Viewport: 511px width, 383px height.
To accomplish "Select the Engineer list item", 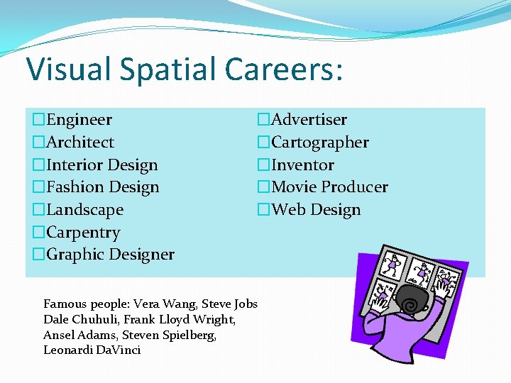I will (79, 120).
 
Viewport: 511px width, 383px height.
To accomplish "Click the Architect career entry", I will (79, 143).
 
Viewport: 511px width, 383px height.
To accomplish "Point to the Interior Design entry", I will (101, 165).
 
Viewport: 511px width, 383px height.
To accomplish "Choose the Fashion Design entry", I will (102, 187).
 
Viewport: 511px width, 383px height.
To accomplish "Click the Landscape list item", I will (84, 210).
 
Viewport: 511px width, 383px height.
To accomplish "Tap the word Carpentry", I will (83, 233).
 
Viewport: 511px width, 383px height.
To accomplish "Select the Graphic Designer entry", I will (110, 255).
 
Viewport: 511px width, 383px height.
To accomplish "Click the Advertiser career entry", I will (309, 120).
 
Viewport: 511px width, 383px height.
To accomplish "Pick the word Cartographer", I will (320, 143).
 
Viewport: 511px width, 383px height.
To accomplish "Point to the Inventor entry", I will (302, 165).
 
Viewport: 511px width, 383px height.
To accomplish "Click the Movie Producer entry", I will (329, 187).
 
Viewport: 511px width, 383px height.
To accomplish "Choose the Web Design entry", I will (316, 210).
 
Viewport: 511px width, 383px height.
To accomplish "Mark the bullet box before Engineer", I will (38, 120).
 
